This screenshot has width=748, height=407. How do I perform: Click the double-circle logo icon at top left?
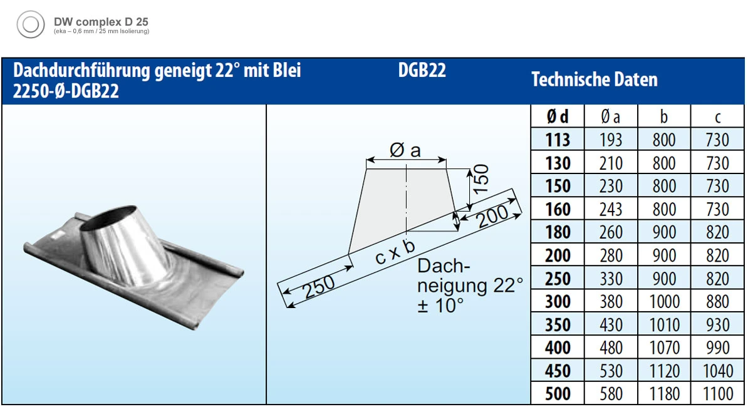click(x=31, y=24)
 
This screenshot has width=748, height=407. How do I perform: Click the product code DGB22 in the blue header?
click(x=422, y=71)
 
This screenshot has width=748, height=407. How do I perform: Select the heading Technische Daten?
click(x=595, y=80)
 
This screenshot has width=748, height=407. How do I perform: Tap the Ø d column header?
click(x=558, y=116)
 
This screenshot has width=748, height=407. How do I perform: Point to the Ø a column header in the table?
click(x=611, y=116)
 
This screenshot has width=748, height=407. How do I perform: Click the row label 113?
click(x=558, y=140)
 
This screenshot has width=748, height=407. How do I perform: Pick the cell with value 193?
click(x=611, y=140)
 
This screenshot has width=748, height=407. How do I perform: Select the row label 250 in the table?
click(x=558, y=279)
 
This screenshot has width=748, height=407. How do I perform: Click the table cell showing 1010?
click(x=664, y=325)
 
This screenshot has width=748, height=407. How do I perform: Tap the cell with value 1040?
click(x=717, y=371)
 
